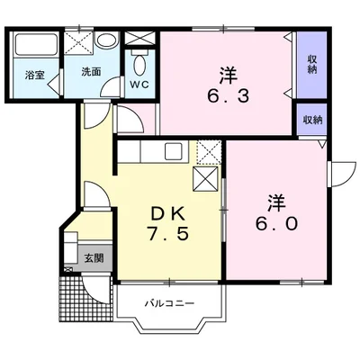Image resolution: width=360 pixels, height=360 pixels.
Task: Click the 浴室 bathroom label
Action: (x=35, y=75)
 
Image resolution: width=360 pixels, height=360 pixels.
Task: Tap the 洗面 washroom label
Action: (x=91, y=72)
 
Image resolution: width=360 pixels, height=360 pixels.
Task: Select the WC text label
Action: (x=139, y=85)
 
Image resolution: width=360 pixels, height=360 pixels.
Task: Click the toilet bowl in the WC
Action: (x=139, y=63)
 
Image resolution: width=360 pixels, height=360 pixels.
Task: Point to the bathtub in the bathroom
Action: (x=37, y=44)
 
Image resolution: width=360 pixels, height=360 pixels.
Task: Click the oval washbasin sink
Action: (x=106, y=40)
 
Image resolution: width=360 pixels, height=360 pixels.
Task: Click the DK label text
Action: (x=167, y=213)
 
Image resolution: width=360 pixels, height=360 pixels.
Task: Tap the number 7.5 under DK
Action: (x=167, y=233)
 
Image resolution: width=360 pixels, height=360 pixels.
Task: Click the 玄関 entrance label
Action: (x=94, y=257)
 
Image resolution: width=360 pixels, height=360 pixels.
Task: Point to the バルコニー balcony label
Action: (x=170, y=303)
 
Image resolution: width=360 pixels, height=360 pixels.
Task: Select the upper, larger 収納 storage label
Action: (x=312, y=64)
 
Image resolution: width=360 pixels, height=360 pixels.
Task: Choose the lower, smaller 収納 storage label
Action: (x=312, y=121)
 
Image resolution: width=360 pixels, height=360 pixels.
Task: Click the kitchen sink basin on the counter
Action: (x=173, y=151)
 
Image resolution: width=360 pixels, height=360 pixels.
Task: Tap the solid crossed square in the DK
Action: (x=205, y=179)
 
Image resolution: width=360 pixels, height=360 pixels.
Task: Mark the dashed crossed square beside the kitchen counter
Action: (x=209, y=152)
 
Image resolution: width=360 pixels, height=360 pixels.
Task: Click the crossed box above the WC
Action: (x=139, y=38)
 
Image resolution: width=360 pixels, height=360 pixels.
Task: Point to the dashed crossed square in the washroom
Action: (x=79, y=42)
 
